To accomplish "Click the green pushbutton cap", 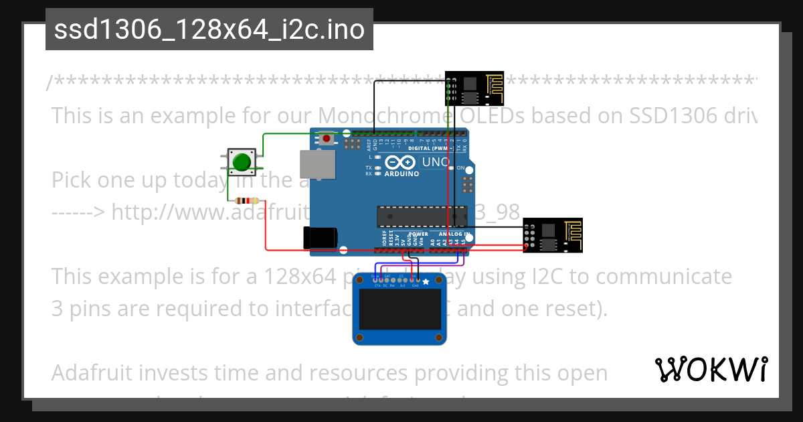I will click(x=240, y=161).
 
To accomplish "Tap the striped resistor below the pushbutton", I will click(x=248, y=200).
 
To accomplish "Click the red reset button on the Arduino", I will click(x=326, y=139).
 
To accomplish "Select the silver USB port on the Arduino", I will click(x=317, y=165).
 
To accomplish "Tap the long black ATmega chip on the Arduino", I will click(x=421, y=216).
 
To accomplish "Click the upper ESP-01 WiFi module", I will click(x=476, y=88).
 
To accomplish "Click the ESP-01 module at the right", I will click(x=552, y=236).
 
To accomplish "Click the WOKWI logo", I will click(x=711, y=369).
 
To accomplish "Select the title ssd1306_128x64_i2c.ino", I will click(x=209, y=29).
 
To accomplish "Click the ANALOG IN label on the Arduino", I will click(x=454, y=234).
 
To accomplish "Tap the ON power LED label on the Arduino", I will click(x=460, y=168).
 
